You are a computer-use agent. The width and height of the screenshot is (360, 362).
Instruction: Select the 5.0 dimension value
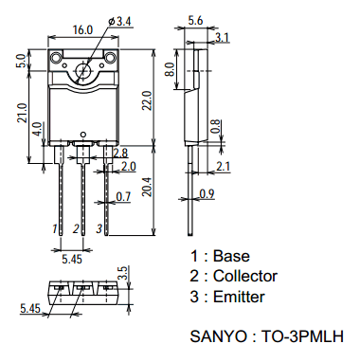[20, 62]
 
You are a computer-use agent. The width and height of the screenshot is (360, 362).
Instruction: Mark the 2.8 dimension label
[120, 153]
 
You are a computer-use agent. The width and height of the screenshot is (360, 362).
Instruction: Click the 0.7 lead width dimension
[123, 197]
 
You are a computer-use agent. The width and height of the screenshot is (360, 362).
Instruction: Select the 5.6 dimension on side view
[196, 20]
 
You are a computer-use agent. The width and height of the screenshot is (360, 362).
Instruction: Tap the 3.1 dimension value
[221, 37]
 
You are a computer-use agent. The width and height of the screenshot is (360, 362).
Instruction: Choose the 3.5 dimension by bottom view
[121, 274]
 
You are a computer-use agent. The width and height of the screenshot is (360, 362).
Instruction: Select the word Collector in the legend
[245, 276]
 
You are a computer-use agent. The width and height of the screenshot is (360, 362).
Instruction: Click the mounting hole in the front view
[83, 70]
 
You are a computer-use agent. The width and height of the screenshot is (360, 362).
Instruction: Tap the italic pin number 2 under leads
[76, 229]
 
